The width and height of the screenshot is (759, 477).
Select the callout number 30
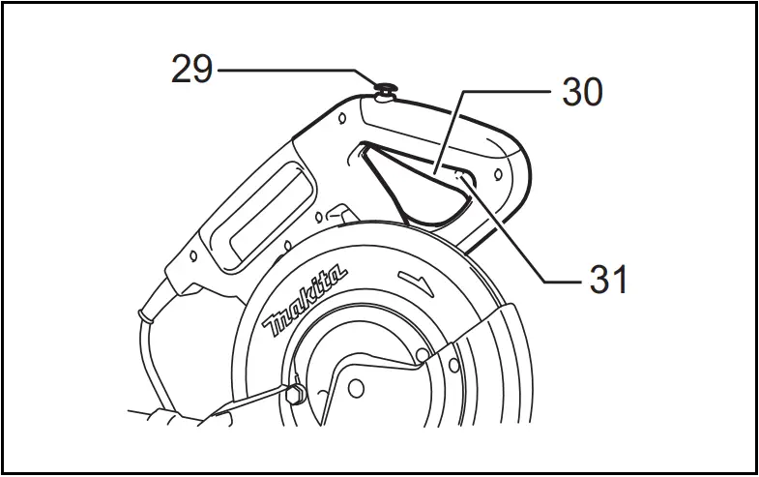(x=580, y=93)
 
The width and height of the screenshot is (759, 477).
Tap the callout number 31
(x=608, y=280)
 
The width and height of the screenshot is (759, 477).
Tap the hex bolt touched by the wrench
(x=295, y=393)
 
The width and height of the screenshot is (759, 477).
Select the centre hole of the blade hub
(x=356, y=390)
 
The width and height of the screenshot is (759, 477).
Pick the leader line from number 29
(x=290, y=70)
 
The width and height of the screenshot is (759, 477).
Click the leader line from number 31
(x=522, y=242)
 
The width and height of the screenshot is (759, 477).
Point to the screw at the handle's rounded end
(x=497, y=173)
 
